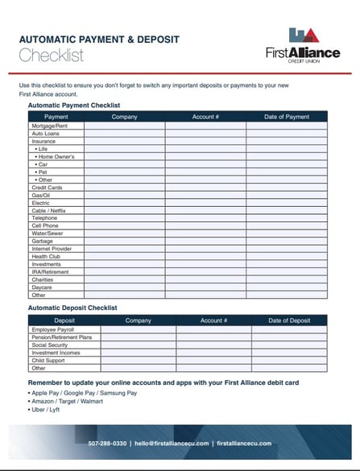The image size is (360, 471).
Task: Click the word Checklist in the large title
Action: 51,55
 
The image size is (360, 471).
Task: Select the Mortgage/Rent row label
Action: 49,126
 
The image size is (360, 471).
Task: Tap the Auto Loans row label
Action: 45,134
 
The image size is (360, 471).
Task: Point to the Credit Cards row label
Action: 47,188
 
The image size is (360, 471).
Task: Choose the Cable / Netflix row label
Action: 49,210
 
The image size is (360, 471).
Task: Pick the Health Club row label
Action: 46,256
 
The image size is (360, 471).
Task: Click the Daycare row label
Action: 42,287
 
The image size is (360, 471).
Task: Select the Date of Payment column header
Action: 287,117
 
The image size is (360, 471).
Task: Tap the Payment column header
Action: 56,117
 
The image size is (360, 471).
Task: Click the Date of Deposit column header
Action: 288,320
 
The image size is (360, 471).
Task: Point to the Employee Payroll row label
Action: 52,329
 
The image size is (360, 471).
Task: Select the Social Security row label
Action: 50,345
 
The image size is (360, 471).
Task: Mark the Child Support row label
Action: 48,360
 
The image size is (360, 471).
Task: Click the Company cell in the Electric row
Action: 124,203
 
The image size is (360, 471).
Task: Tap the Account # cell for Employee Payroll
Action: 213,329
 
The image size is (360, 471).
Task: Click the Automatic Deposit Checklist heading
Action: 72,308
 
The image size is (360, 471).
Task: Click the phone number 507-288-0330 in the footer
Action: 107,444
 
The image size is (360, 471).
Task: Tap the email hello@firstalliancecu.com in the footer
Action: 172,444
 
